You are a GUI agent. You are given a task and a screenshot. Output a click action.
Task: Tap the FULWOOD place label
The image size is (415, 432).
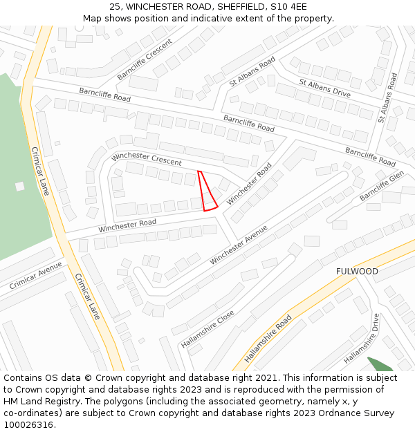357,272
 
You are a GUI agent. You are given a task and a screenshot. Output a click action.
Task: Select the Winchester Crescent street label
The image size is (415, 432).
146,159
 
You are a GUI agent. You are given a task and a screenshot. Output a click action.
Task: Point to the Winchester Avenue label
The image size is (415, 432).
238,244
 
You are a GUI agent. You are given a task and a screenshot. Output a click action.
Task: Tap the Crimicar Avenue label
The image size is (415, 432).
35,275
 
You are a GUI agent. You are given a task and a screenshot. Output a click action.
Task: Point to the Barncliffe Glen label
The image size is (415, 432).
381,186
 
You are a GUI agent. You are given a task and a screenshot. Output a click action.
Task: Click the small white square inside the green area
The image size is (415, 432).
20,186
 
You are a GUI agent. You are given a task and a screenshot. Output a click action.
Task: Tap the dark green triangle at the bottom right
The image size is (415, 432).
380,364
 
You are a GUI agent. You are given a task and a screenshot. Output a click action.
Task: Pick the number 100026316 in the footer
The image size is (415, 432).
29,425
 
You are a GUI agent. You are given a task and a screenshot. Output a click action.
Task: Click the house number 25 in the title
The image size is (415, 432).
114,7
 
